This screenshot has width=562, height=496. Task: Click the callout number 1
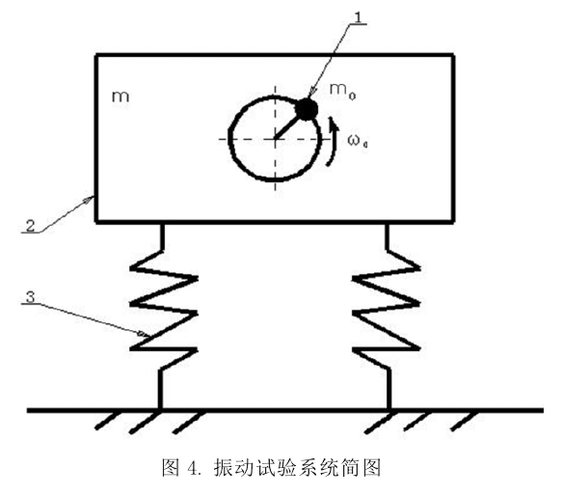point(359,17)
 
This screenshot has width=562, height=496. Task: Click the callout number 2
point(30,226)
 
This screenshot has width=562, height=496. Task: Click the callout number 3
point(31,297)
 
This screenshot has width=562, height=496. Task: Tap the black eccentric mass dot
point(307,109)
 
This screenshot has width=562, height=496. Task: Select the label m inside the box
point(120,96)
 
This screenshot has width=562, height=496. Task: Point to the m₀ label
point(342,91)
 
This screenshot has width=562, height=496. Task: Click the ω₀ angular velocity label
point(358,141)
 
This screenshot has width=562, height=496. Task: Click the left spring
point(163,316)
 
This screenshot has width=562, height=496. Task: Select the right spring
point(388,316)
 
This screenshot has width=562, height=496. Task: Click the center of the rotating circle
point(275,139)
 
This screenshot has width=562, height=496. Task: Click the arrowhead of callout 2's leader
point(90,199)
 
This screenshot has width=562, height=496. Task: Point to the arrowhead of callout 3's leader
point(144,334)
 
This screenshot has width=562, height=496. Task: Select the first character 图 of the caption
point(171,468)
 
